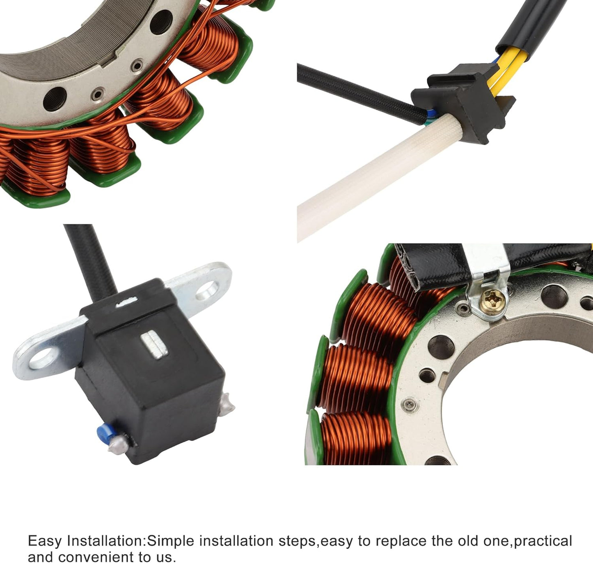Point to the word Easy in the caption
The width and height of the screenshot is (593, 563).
coord(45,541)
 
